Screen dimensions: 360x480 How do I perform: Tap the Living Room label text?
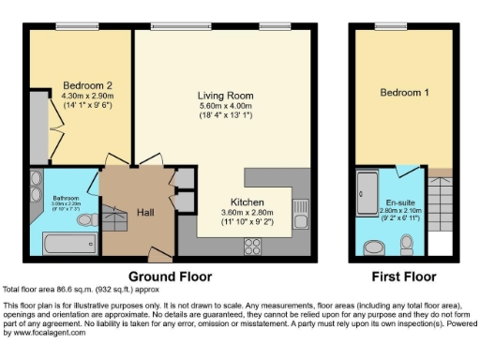click(225, 96)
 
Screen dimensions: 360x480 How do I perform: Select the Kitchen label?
click(247, 202)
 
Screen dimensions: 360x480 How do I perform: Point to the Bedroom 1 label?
click(404, 93)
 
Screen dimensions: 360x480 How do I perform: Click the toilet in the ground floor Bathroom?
click(83, 219)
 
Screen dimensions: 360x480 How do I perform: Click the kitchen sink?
click(300, 209)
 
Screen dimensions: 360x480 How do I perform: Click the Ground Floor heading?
click(170, 277)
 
